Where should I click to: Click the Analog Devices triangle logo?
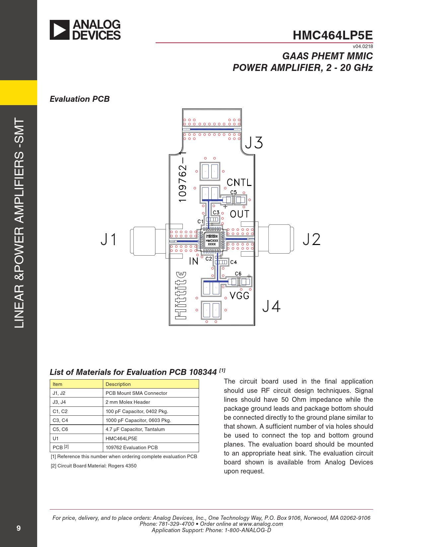(x=60, y=30)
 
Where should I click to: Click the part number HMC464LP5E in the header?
(x=332, y=35)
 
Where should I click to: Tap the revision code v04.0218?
(x=363, y=46)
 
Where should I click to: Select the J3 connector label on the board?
(x=254, y=143)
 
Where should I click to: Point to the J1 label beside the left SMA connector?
(x=108, y=239)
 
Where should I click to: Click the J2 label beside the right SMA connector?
(x=312, y=239)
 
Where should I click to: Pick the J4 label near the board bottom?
(x=271, y=306)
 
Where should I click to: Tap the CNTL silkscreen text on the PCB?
(x=239, y=182)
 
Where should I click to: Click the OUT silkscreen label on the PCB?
(x=239, y=214)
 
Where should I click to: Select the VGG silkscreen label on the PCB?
(x=239, y=295)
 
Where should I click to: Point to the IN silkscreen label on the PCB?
(x=193, y=261)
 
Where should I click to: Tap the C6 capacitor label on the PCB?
(x=238, y=273)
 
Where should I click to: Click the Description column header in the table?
(x=118, y=384)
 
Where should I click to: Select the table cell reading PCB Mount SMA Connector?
(x=136, y=393)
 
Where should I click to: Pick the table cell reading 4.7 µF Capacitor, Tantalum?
(x=135, y=429)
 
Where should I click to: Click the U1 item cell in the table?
(x=56, y=438)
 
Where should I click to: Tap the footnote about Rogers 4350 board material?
(x=94, y=466)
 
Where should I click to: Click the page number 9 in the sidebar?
(x=19, y=528)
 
